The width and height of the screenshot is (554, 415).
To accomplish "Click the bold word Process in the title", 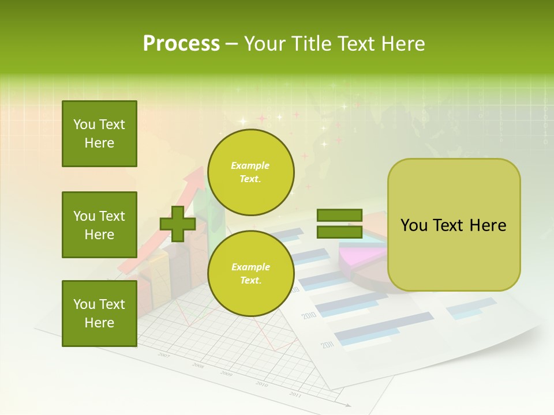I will tap(181, 44).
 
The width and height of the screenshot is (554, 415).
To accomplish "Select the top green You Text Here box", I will tap(99, 134).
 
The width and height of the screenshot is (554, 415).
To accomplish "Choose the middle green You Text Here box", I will tap(99, 225).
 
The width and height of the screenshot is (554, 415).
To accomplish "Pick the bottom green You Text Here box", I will tap(99, 314).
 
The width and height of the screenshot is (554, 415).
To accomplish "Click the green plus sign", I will tap(178, 224).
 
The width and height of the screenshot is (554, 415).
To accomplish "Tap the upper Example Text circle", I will tap(250, 172).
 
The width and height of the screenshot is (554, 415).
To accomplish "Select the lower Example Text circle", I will tap(250, 274).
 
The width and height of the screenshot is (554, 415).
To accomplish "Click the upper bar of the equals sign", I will tap(339, 216).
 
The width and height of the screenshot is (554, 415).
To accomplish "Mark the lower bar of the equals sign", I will tap(339, 232).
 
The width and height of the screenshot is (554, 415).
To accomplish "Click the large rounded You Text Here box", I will tap(454, 225).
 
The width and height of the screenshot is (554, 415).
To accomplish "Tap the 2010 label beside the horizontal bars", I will tap(309, 316).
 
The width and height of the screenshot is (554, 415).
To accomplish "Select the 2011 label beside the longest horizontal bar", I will tap(328, 345).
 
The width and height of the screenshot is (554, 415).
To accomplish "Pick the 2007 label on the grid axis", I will tap(164, 355).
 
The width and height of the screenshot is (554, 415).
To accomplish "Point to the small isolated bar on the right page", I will tap(471, 305).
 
